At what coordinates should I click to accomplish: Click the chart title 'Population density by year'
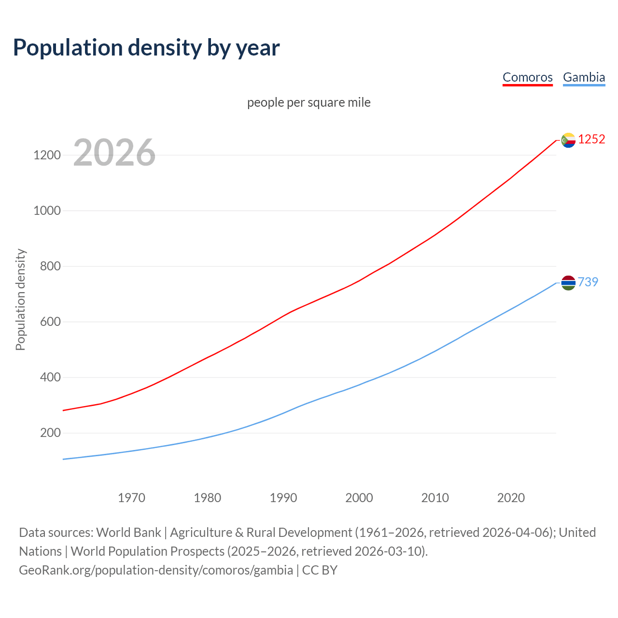[x=146, y=48]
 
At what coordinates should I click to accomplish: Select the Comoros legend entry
[x=527, y=77]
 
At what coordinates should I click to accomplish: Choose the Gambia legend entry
[x=584, y=77]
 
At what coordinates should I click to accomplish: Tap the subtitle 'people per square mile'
[x=309, y=103]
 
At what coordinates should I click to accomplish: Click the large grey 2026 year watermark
[x=114, y=153]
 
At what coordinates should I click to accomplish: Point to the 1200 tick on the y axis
[x=47, y=155]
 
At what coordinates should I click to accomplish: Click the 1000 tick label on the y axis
[x=47, y=211]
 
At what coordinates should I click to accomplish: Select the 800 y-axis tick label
[x=50, y=267]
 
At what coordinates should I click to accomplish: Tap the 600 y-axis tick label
[x=50, y=322]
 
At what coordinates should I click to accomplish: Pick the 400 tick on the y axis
[x=50, y=378]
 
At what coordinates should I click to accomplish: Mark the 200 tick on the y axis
[x=50, y=433]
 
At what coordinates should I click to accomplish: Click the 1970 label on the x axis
[x=131, y=498]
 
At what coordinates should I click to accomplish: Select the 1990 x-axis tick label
[x=283, y=498]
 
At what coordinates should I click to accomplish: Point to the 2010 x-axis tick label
[x=435, y=498]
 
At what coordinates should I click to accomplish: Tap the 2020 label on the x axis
[x=511, y=498]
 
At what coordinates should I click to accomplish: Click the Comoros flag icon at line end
[x=568, y=140]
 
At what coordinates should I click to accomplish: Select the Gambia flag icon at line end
[x=568, y=282]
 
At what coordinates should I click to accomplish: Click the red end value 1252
[x=591, y=140]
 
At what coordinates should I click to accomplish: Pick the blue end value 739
[x=588, y=282]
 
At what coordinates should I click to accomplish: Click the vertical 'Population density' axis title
[x=20, y=299]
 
